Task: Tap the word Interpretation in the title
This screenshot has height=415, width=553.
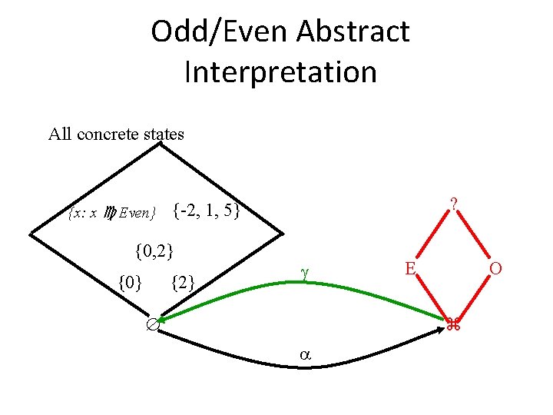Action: pos(280,72)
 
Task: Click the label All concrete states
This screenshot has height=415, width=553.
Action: pos(116,134)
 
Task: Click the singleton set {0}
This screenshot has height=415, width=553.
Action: pos(130,283)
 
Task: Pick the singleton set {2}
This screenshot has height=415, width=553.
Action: pos(182,283)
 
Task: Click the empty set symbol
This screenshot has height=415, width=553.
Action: pos(153,326)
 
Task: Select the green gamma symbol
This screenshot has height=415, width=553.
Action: pos(304,271)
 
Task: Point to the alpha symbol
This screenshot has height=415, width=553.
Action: pos(304,355)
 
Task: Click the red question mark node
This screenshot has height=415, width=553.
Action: pos(455,204)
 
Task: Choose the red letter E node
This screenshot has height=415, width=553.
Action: pos(411,267)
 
